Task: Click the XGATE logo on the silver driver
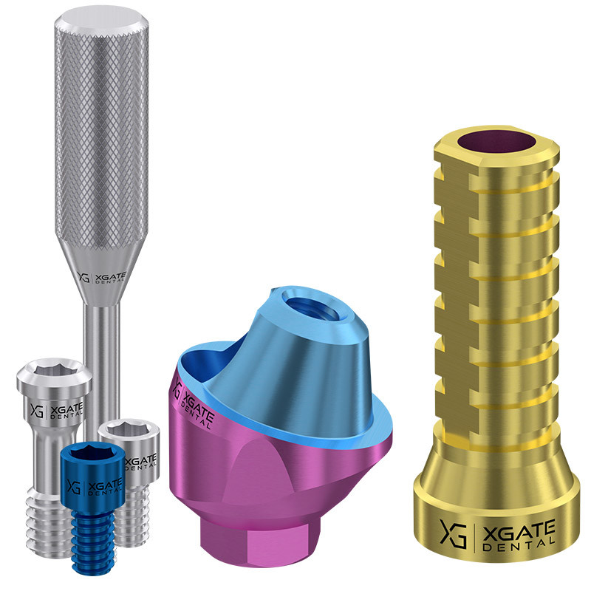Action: click(x=101, y=278)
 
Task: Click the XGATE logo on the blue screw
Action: click(x=95, y=486)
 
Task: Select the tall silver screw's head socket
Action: click(x=53, y=369)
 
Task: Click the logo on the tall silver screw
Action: click(x=57, y=410)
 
